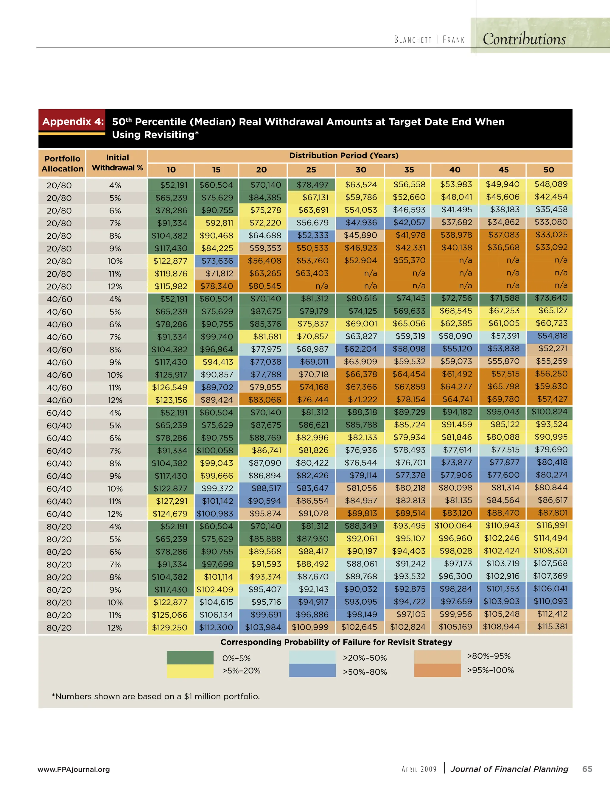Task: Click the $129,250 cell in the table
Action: pos(170,627)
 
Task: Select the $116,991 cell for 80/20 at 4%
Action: pos(550,525)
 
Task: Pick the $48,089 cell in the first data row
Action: pos(550,184)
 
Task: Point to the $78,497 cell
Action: pos(312,185)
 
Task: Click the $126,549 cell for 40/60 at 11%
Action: pos(170,387)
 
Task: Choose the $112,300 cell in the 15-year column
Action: pos(216,627)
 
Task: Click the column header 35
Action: pos(409,170)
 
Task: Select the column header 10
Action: pos(171,170)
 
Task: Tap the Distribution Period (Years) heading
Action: pos(343,155)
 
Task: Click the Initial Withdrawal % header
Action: pos(117,162)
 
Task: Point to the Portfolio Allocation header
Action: pos(62,164)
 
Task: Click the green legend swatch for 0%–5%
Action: pos(190,657)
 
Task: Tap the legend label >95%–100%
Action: pos(490,670)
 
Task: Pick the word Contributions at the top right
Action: pos(524,39)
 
